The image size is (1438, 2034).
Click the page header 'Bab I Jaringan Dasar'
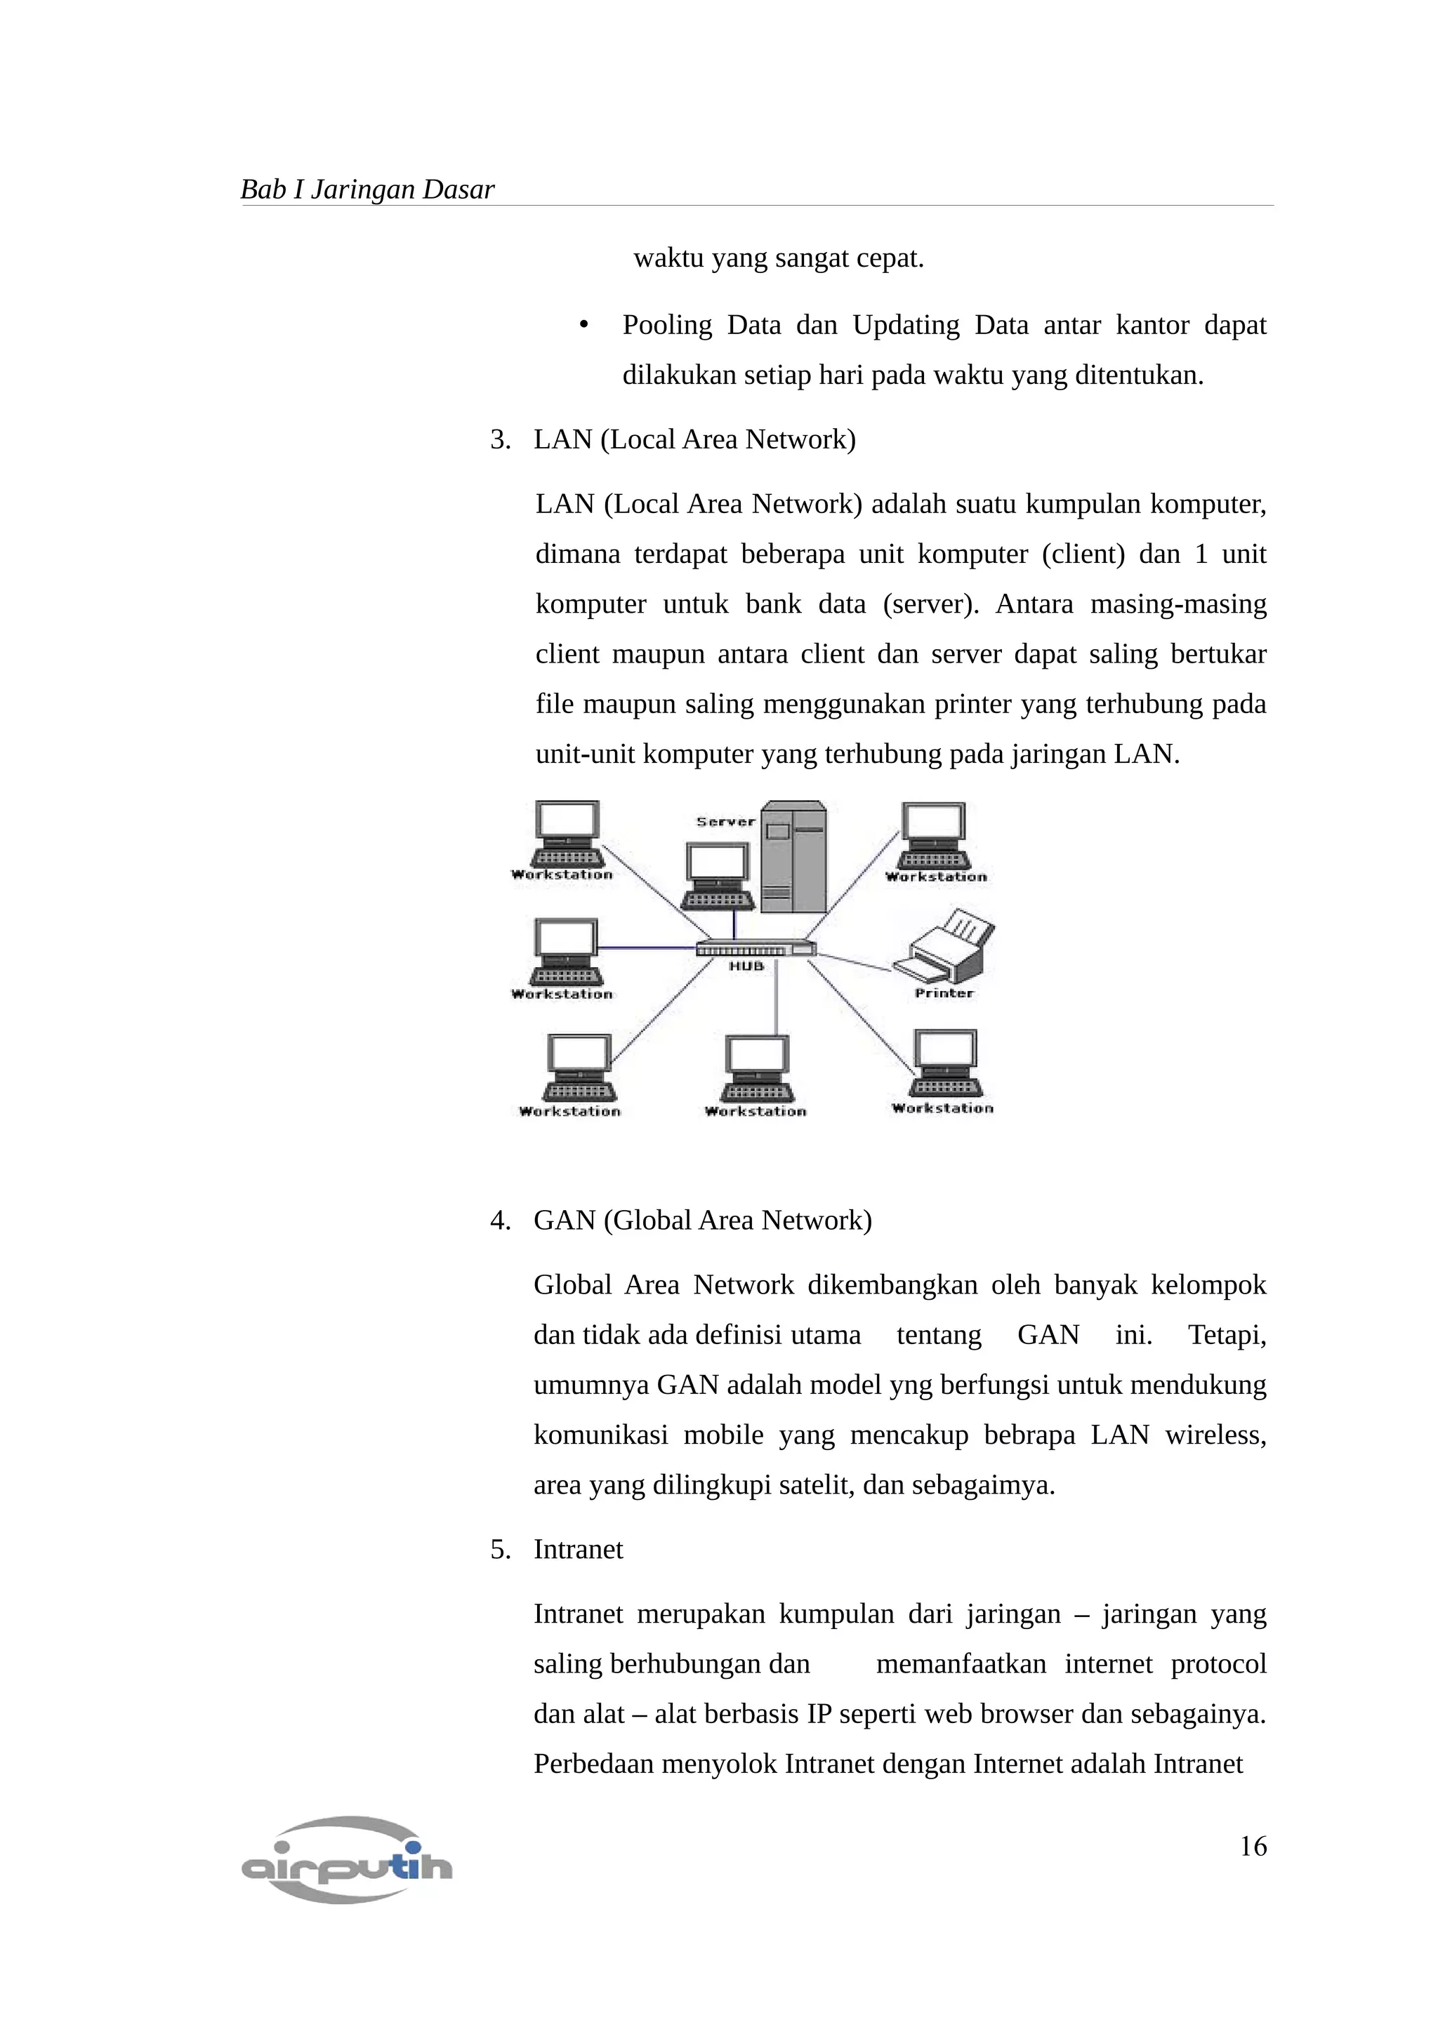pyautogui.click(x=367, y=190)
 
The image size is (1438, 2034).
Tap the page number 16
pyautogui.click(x=1252, y=1845)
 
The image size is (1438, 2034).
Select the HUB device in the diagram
pyautogui.click(x=755, y=948)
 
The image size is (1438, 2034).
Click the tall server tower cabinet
pyautogui.click(x=794, y=858)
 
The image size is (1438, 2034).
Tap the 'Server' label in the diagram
pyautogui.click(x=725, y=821)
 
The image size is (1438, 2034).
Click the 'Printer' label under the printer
pyautogui.click(x=944, y=993)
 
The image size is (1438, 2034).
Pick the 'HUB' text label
pyautogui.click(x=746, y=966)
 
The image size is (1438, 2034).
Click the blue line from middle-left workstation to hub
pyautogui.click(x=647, y=948)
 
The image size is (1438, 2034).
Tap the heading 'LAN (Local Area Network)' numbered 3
pyautogui.click(x=694, y=439)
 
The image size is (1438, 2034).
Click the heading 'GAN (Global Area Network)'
pyautogui.click(x=701, y=1220)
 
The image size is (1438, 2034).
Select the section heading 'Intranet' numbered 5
pyautogui.click(x=578, y=1550)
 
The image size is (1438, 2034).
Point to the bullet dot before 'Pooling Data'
pyautogui.click(x=583, y=326)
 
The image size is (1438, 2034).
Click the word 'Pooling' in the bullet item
pyautogui.click(x=666, y=325)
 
